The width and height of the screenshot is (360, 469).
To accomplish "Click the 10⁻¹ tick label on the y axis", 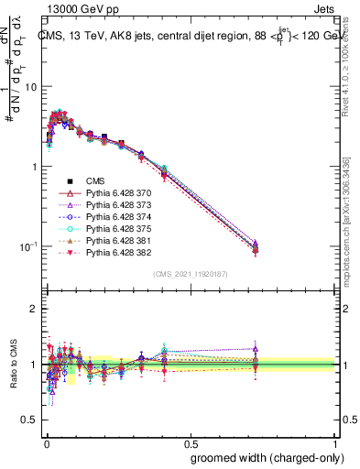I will point(27,246).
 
